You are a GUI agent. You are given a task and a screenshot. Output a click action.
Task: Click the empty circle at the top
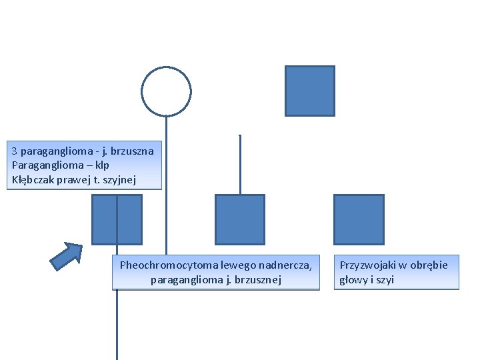(x=166, y=91)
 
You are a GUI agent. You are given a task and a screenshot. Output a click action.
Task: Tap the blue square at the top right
(x=309, y=91)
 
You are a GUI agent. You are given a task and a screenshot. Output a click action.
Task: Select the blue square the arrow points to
(x=117, y=219)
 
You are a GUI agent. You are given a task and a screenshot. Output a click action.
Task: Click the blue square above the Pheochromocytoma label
(x=240, y=219)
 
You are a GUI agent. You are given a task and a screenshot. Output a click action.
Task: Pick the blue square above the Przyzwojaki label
(x=359, y=219)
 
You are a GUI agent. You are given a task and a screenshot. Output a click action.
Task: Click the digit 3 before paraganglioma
(x=15, y=151)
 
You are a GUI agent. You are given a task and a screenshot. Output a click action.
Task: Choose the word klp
(x=101, y=165)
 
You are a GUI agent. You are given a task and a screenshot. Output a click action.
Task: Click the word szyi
(x=385, y=279)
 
